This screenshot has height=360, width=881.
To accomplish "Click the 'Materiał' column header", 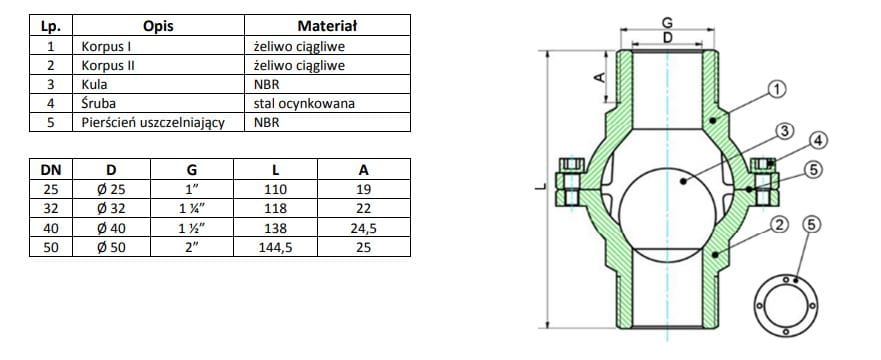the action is pos(328,26).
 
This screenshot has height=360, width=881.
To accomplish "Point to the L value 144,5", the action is pos(275,247).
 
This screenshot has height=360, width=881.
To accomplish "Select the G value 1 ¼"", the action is pos(192,208).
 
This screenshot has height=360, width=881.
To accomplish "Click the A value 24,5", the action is pos(364,228).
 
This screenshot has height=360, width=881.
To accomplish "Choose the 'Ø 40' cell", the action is pos(112,228).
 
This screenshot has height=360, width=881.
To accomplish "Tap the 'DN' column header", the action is pos(51,169).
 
